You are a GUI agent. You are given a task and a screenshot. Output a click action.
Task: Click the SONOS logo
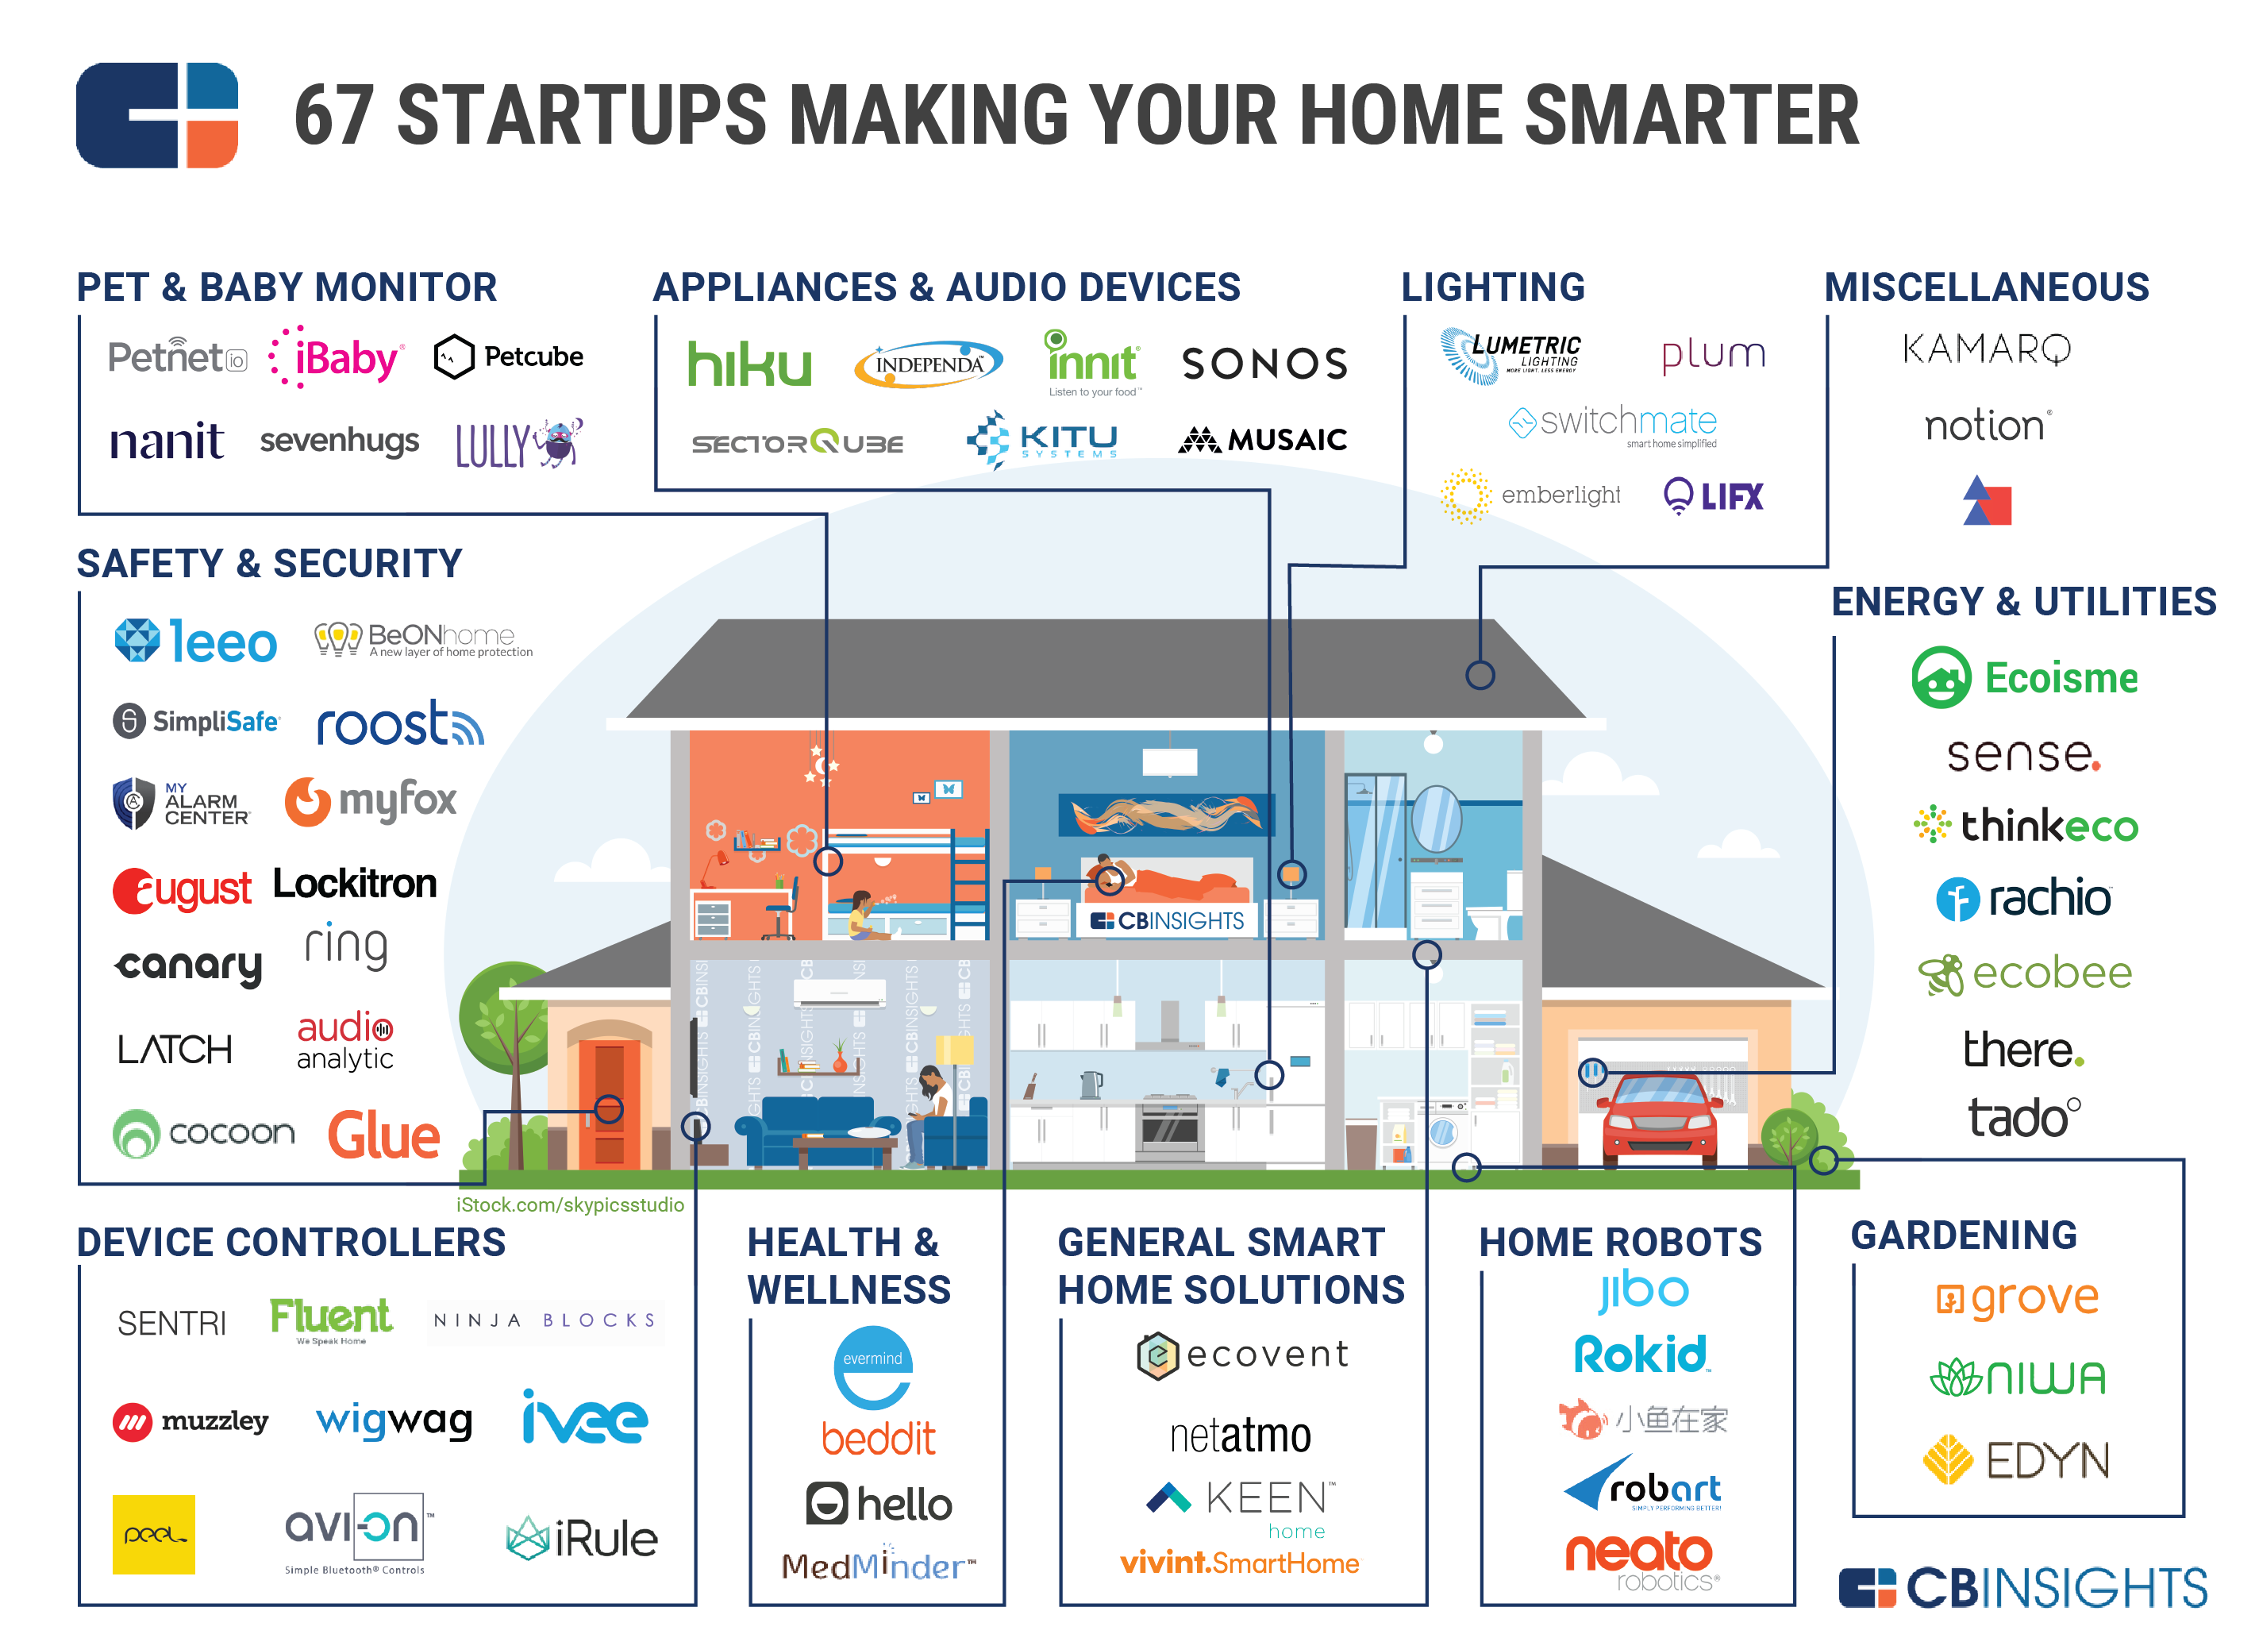1264,364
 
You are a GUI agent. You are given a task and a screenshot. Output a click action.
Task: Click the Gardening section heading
1962,1235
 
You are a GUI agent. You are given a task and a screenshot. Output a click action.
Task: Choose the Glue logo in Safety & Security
383,1136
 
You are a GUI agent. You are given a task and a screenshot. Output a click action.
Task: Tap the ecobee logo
2026,973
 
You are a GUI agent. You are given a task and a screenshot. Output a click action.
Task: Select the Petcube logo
509,357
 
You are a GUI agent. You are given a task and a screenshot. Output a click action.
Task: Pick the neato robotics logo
1639,1559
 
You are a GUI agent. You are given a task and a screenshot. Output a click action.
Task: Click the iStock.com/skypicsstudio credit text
570,1204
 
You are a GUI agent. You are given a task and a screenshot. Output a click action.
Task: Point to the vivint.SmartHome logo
1239,1563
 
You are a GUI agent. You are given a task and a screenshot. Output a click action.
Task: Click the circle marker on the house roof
1480,676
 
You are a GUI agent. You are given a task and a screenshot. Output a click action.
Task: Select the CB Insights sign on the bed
1168,920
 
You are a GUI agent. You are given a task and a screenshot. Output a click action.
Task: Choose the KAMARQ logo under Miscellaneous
1986,349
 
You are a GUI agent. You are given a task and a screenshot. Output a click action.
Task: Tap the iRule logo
583,1540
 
